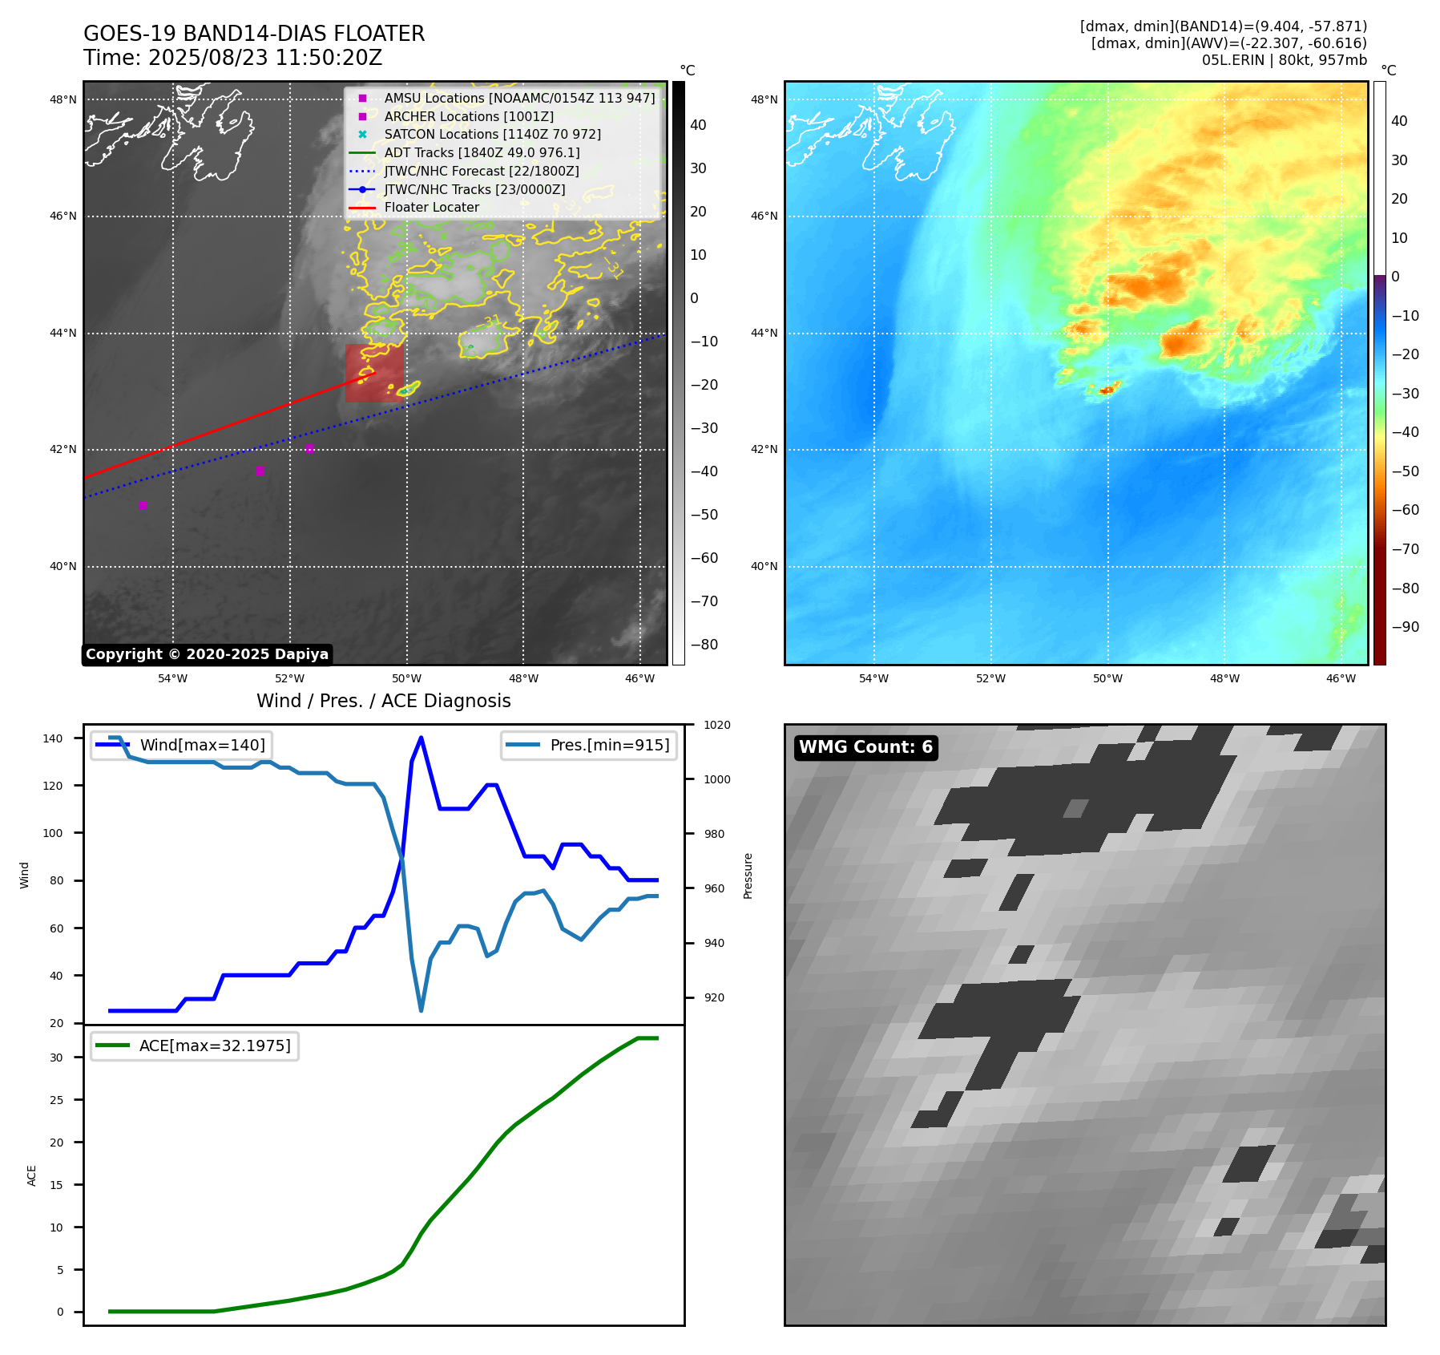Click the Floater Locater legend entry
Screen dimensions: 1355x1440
pyautogui.click(x=431, y=208)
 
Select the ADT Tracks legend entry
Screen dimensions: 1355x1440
pyautogui.click(x=482, y=152)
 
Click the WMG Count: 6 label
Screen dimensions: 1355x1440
pyautogui.click(x=865, y=747)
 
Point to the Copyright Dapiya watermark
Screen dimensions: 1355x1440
pyautogui.click(x=207, y=654)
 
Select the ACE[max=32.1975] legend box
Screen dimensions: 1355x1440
pyautogui.click(x=195, y=1046)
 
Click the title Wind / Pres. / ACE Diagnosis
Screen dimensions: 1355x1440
pyautogui.click(x=383, y=701)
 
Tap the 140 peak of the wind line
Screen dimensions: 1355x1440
pyautogui.click(x=421, y=738)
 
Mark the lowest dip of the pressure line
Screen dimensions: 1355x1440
pyautogui.click(x=421, y=1010)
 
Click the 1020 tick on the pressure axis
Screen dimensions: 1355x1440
pyautogui.click(x=716, y=725)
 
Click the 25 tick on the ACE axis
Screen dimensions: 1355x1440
pyautogui.click(x=56, y=1100)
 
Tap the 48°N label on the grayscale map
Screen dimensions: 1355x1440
pyautogui.click(x=63, y=100)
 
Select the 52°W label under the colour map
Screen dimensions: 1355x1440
pyautogui.click(x=990, y=678)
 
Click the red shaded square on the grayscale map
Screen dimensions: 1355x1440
pyautogui.click(x=374, y=374)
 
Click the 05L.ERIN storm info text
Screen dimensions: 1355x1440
pyautogui.click(x=1284, y=60)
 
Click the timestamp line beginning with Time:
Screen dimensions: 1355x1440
pyautogui.click(x=233, y=58)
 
